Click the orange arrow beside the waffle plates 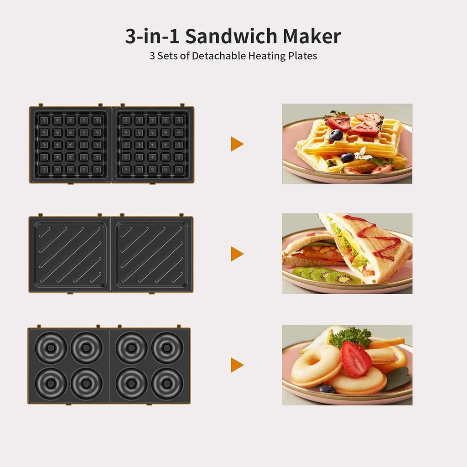[237, 144]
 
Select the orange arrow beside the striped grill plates [237, 254]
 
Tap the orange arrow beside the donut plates [237, 365]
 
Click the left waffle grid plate [70, 145]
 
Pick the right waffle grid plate [153, 145]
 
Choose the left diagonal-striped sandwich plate [69, 254]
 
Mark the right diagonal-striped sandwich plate [152, 254]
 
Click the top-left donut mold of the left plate [51, 348]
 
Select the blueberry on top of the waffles [336, 135]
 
